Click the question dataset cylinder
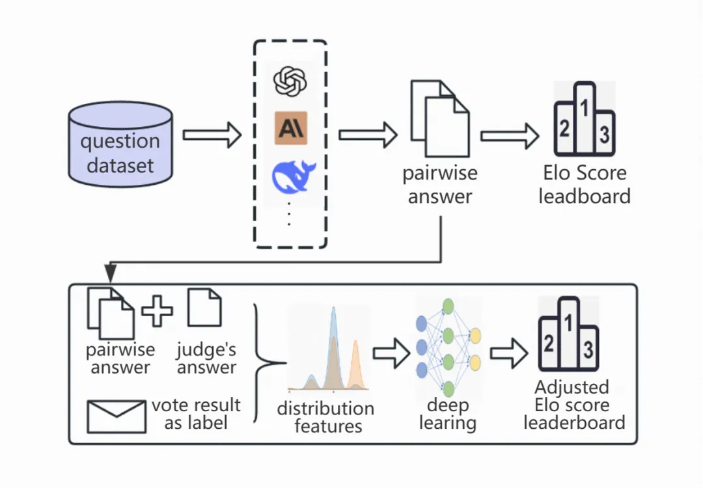coord(120,144)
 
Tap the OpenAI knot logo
coord(290,81)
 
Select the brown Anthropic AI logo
coord(291,128)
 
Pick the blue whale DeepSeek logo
coord(293,178)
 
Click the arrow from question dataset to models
coord(212,135)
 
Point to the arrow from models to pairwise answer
coord(368,135)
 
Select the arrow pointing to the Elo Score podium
coord(510,136)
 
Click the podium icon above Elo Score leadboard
coord(584,119)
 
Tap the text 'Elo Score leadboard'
coord(585,185)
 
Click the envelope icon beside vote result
coord(117,416)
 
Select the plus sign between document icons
coord(157,310)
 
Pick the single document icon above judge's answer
coord(204,307)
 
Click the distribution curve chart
coord(328,349)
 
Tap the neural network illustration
coord(448,347)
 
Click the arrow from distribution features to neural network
coord(391,353)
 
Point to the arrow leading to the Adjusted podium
coord(509,353)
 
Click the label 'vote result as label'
coord(196,414)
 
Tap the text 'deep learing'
coord(448,414)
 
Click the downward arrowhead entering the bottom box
coord(110,273)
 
